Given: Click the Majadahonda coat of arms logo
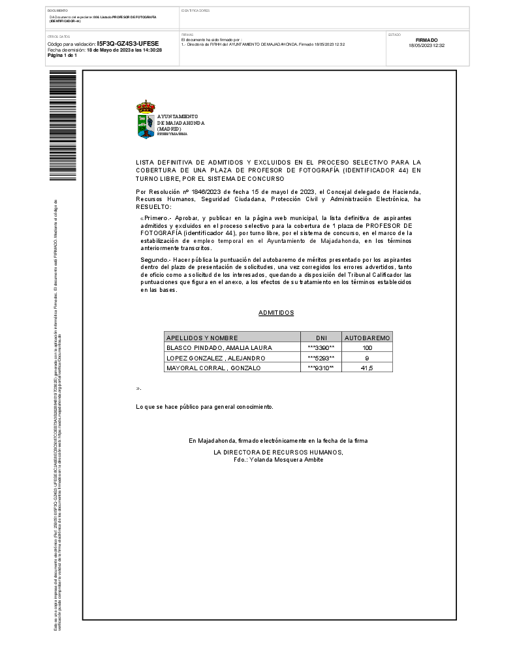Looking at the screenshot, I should click(x=146, y=119).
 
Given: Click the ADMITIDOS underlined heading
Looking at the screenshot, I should click(x=276, y=313).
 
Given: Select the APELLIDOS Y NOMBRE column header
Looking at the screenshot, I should click(x=202, y=338).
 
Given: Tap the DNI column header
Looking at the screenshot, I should click(x=321, y=338).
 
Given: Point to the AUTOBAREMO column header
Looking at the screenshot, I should click(x=368, y=338).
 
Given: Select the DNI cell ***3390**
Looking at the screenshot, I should click(x=321, y=348).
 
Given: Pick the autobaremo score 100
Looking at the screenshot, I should click(x=367, y=348).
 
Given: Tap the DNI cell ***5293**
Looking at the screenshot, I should click(x=321, y=358).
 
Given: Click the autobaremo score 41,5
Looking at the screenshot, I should click(x=367, y=368).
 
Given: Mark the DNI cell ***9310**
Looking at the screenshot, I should click(x=321, y=368).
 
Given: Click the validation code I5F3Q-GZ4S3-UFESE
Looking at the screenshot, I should click(x=128, y=44).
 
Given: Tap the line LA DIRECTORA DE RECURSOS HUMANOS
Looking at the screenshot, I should click(x=278, y=452).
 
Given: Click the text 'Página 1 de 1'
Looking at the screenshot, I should click(x=63, y=56).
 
